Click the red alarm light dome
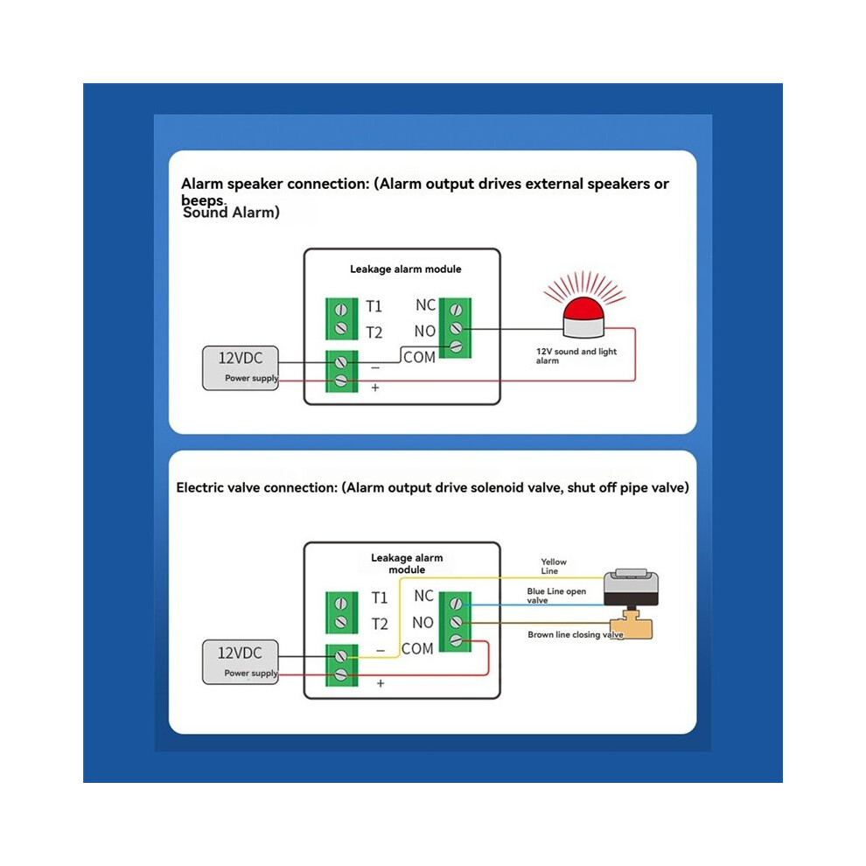583,310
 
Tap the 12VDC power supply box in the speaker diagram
241,367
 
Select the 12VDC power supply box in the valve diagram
241,662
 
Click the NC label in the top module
426,305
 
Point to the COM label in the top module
420,358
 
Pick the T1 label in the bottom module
380,597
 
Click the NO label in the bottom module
423,623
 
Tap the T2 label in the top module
374,332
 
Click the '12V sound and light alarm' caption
576,356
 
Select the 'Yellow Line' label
554,566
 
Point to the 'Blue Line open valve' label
556,596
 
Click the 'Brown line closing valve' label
576,634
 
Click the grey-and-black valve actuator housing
631,589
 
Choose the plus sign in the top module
375,388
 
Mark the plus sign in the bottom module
380,684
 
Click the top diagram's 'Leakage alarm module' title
405,269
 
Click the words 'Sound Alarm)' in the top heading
232,213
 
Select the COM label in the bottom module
417,648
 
